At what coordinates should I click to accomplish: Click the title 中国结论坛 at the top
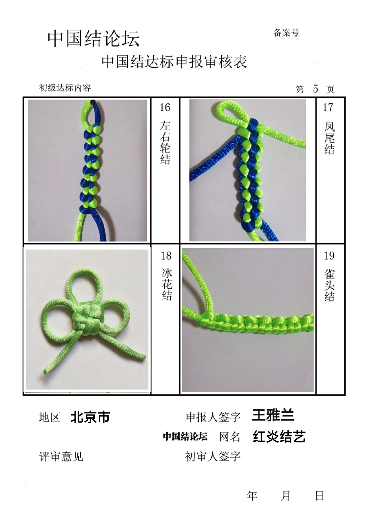point(94,39)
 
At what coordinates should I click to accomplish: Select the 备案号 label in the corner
point(286,33)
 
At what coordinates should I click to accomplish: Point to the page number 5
point(315,88)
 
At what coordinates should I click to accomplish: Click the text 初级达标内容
point(65,88)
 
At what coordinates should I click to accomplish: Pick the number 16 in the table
point(165,108)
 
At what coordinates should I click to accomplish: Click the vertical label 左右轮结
point(165,143)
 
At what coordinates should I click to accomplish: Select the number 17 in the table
point(328,108)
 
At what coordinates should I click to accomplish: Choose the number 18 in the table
point(166,256)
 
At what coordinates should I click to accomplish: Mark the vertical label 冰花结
point(167,284)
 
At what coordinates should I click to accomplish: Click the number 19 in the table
point(329,256)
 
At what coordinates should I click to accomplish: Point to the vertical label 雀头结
point(329,286)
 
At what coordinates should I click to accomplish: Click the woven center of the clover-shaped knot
point(86,319)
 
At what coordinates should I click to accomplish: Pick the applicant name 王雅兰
point(273,415)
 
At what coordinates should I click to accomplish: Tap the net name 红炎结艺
point(279,436)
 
